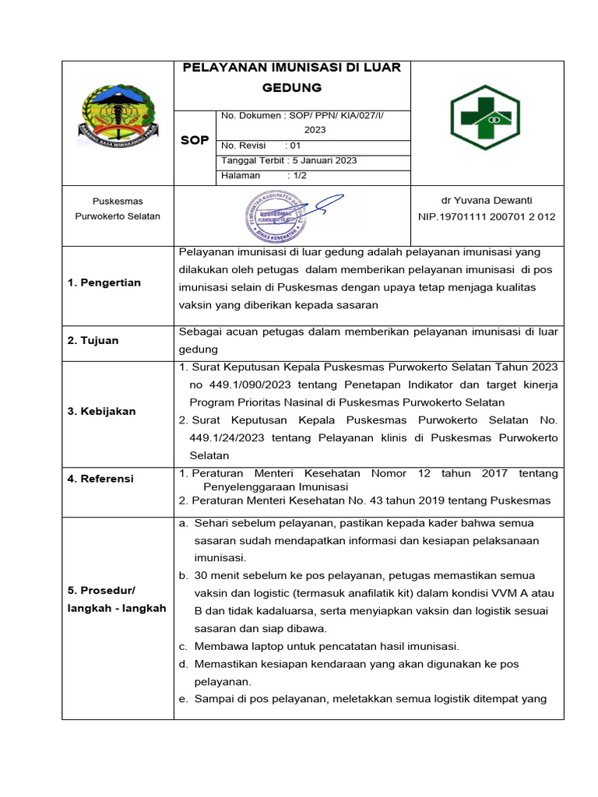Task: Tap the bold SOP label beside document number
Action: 195,140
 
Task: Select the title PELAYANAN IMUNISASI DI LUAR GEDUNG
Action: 291,76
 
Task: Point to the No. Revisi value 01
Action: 295,146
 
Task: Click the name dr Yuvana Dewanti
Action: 487,201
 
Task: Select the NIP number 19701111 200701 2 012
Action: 487,216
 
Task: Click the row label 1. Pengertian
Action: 104,283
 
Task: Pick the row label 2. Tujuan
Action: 93,340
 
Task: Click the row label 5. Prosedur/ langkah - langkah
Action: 118,599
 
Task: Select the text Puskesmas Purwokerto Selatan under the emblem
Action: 118,209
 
